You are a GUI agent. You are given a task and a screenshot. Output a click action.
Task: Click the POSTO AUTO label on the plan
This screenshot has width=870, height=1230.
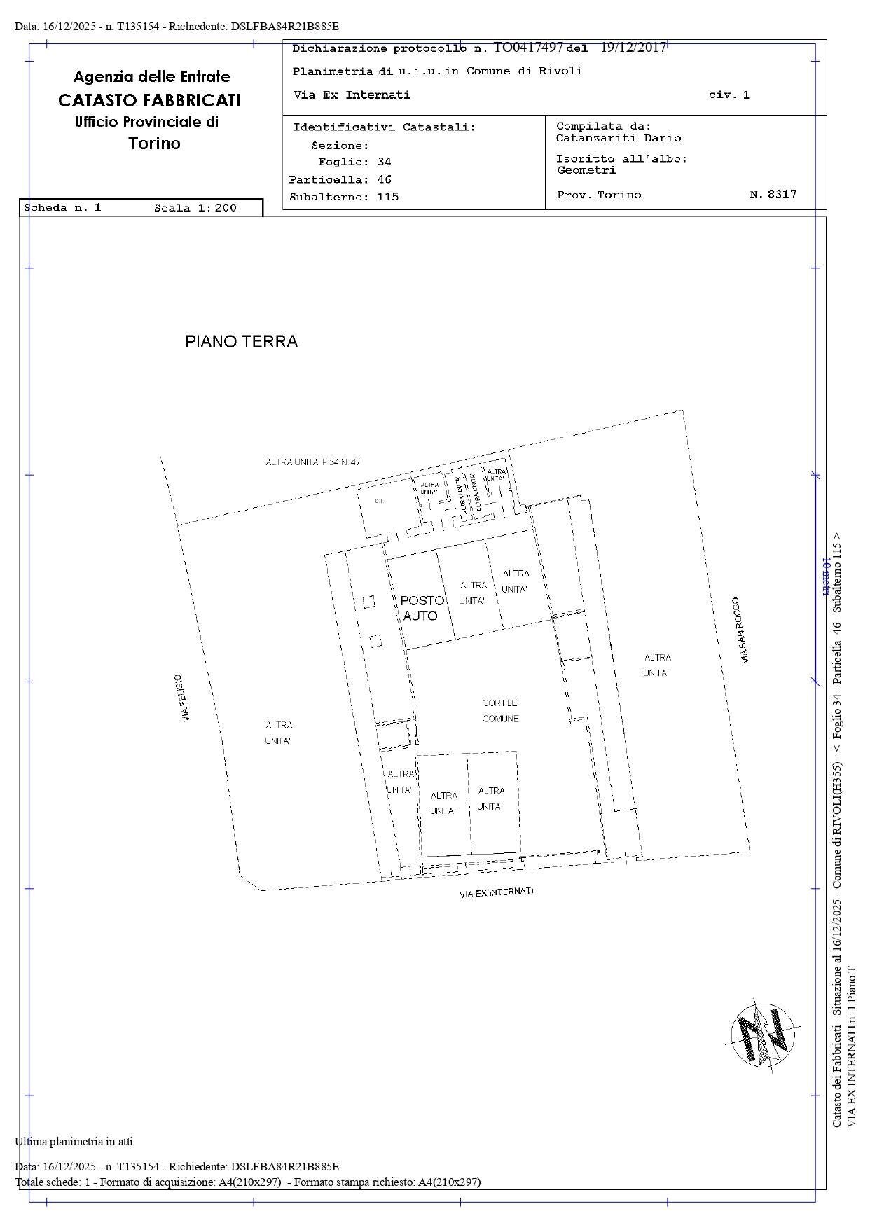click(x=422, y=608)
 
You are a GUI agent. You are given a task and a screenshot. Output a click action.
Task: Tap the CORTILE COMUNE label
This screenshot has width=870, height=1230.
click(x=500, y=710)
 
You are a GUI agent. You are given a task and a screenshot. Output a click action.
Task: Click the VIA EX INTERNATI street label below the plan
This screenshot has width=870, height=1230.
click(x=496, y=892)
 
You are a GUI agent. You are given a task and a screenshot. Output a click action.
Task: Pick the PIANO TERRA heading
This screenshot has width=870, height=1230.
click(x=241, y=342)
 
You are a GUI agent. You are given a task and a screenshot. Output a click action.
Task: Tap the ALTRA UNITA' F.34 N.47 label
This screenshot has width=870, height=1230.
click(x=312, y=462)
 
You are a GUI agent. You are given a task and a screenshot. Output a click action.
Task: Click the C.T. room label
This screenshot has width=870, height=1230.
click(x=379, y=501)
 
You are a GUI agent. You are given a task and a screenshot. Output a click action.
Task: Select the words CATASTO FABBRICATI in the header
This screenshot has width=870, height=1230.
click(x=149, y=100)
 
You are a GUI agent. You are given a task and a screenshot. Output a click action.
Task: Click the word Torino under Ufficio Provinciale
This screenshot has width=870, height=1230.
click(x=154, y=144)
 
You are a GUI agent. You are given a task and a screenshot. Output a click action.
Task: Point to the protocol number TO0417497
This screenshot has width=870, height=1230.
click(x=528, y=48)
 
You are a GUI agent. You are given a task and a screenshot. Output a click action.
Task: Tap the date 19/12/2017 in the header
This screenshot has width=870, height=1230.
click(x=633, y=48)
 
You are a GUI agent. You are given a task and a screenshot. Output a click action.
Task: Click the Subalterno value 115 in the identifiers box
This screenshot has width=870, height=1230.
click(x=387, y=197)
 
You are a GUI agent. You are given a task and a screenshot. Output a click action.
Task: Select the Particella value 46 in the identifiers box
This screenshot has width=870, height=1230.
click(x=384, y=179)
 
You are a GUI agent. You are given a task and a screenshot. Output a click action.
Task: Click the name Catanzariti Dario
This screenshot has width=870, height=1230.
click(x=618, y=138)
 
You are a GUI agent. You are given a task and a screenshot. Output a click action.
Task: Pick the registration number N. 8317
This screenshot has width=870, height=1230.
click(x=773, y=195)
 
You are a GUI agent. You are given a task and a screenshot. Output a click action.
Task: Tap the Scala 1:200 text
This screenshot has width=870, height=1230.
click(x=195, y=208)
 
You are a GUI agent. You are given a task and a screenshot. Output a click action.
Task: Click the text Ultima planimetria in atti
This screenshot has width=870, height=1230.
click(x=74, y=1141)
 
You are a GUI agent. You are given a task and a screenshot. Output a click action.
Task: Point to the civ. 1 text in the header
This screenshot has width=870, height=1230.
click(x=729, y=95)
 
